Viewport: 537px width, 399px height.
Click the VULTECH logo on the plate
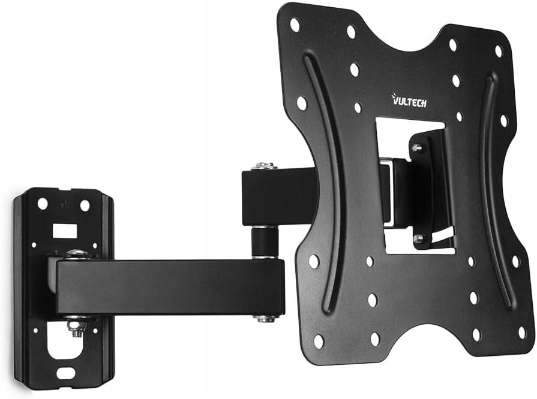pos(409,101)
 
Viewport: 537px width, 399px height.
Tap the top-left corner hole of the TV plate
pos(295,25)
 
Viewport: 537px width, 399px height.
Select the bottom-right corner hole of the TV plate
pos(522,332)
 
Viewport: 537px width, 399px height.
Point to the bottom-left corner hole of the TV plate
pos(319,341)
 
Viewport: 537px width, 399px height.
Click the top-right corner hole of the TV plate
pos(499,52)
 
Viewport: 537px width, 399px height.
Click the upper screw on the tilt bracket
pos(417,148)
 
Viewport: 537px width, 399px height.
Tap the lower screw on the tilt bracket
pos(418,237)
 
